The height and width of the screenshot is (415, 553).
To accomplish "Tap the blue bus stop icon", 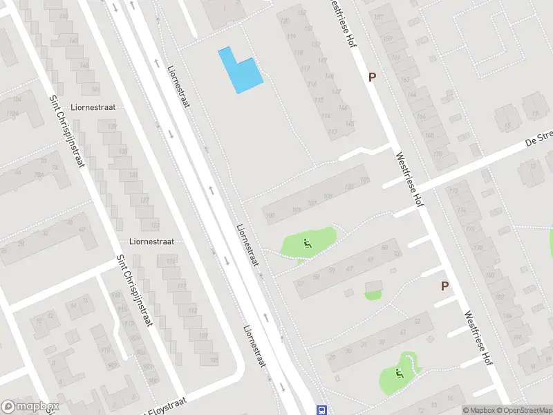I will [x=321, y=409].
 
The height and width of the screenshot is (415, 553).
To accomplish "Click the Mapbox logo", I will [x=30, y=407].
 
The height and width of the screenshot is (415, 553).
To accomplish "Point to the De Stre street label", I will [x=538, y=140].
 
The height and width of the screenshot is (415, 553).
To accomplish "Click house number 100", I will [x=270, y=216].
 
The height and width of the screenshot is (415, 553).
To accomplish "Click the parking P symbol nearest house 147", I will [x=372, y=77].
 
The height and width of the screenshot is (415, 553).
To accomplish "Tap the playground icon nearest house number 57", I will [x=307, y=243].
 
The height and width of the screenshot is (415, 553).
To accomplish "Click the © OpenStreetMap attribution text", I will [x=523, y=410].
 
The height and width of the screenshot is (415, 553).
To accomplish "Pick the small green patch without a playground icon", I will [x=373, y=295].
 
